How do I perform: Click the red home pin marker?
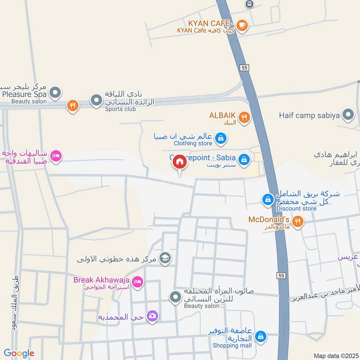pos(180,162)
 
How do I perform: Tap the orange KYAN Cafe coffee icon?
pos(242,26)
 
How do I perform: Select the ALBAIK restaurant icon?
pos(244,118)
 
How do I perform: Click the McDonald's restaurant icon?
pos(297,221)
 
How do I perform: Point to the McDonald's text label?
pos(269,220)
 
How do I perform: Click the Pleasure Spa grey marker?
pos(55,94)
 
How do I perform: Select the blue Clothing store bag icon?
pos(220,138)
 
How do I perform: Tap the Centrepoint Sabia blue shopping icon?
pos(244,159)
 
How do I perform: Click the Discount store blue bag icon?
pos(268,198)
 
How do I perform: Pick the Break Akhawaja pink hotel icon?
pos(138,281)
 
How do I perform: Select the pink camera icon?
pos(153,316)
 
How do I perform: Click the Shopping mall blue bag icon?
pos(261,336)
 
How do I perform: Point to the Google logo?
pos(18,353)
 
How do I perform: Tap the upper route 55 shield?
pos(244,67)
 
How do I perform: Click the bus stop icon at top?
pos(249,4)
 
